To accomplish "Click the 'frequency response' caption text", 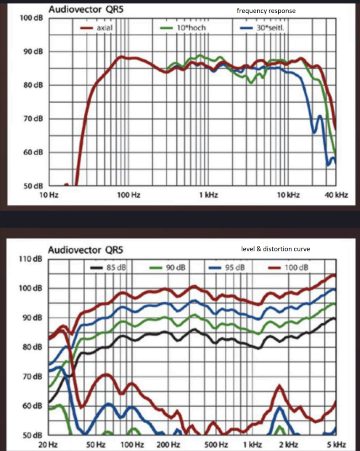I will point(266,10).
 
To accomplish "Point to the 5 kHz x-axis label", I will point(336,444).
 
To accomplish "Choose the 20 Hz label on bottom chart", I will point(50,444).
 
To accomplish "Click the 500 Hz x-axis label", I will point(216,444).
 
